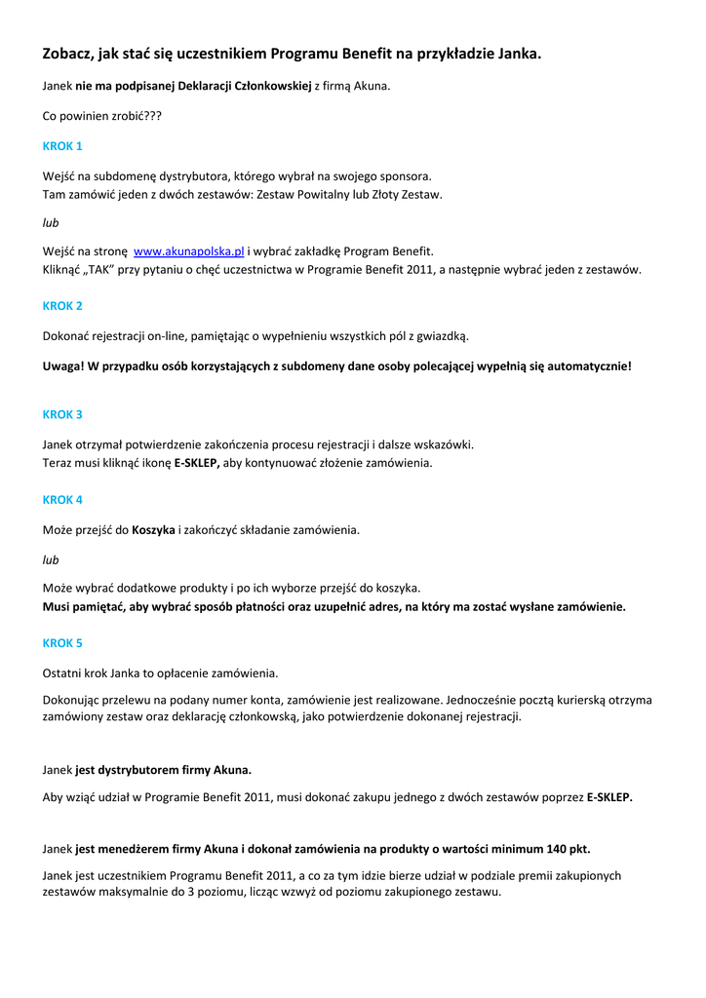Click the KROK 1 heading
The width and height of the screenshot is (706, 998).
coord(62,146)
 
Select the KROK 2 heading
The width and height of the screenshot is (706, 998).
coord(62,306)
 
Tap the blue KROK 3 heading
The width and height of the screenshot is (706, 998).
coord(62,414)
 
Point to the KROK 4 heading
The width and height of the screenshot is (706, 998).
coord(62,500)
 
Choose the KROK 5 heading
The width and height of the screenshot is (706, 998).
coord(62,643)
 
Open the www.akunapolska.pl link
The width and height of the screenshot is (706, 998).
coord(188,251)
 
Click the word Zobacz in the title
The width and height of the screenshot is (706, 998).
coord(69,55)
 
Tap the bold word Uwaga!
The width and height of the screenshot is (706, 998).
coord(63,367)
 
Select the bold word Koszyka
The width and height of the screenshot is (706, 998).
coord(153,530)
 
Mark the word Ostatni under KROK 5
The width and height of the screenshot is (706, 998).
coord(62,673)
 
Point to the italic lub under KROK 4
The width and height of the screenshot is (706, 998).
coord(51,560)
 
